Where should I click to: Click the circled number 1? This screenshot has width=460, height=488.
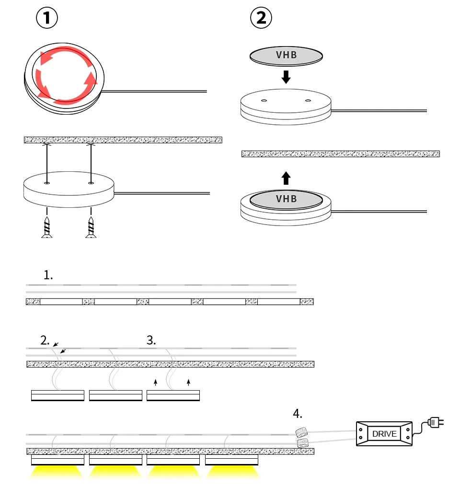tap(47, 18)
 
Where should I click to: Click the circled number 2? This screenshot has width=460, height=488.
tap(261, 18)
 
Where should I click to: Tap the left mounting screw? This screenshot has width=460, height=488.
tap(47, 227)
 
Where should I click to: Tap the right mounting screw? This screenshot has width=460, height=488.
tap(91, 227)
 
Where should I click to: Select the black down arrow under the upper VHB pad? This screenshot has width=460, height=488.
tap(286, 76)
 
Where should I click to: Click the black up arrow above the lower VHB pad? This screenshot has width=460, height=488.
tap(286, 179)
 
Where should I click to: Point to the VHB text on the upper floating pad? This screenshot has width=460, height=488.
tap(287, 55)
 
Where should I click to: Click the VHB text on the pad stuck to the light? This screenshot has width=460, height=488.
tap(287, 199)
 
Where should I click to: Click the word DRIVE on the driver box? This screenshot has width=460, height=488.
tap(384, 434)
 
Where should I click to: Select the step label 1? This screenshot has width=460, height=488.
tap(48, 275)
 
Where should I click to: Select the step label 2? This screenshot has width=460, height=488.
tap(45, 340)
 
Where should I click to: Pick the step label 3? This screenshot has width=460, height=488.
tap(151, 340)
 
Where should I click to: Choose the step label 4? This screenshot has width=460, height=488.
tap(298, 414)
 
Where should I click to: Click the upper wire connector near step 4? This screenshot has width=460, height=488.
tap(300, 432)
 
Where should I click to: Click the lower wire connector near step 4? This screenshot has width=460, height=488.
tap(302, 442)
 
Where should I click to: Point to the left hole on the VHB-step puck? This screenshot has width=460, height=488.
tap(264, 101)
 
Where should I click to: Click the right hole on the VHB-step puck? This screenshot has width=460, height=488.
tap(308, 101)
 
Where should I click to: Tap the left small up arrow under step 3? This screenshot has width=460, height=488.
tap(155, 382)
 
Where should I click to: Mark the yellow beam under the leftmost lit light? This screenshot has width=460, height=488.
tap(57, 473)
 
